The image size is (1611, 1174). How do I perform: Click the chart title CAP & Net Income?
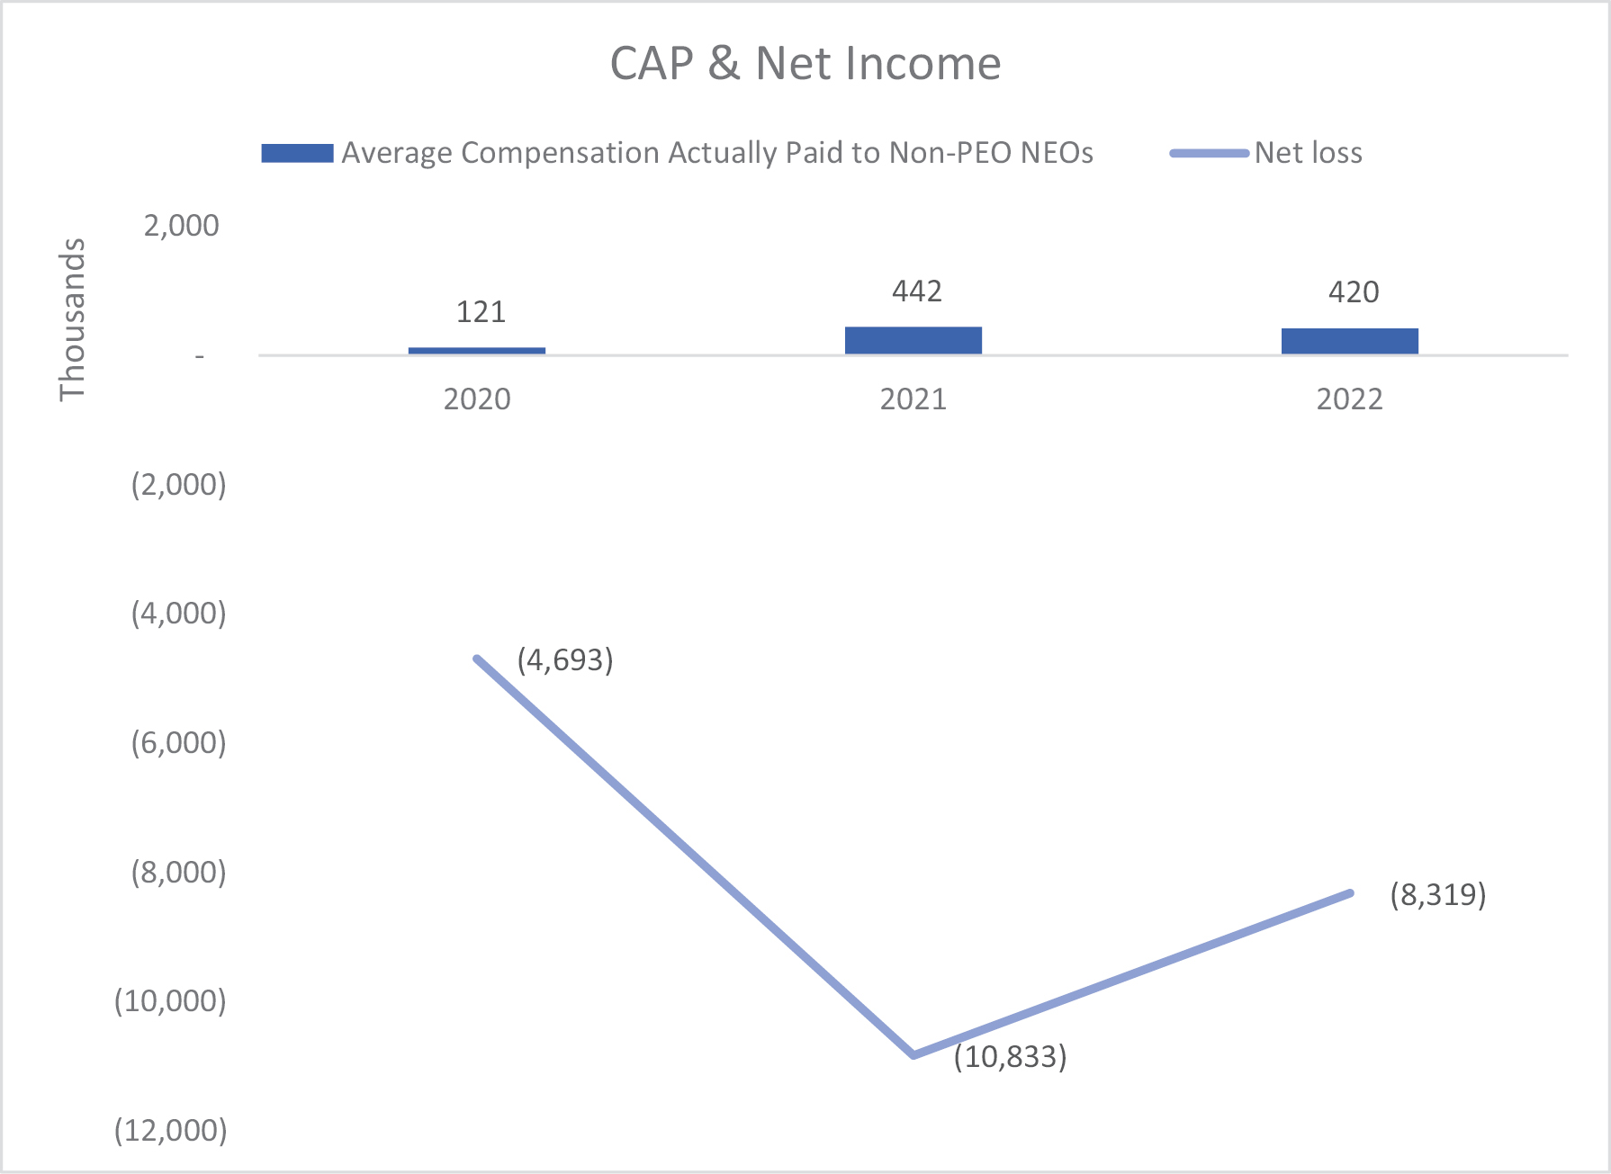[x=805, y=64]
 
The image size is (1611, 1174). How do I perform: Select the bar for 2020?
[x=477, y=350]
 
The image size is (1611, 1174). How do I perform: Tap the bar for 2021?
[x=913, y=340]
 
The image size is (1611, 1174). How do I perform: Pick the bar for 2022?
[x=1350, y=341]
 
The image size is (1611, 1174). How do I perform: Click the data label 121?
[x=481, y=312]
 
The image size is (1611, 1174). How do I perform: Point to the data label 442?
[x=917, y=291]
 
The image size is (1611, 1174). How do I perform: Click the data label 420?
[x=1354, y=292]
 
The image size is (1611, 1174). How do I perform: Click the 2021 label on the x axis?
[x=913, y=399]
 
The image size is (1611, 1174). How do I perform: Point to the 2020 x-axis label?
[x=477, y=399]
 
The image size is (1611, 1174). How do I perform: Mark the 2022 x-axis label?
[x=1350, y=399]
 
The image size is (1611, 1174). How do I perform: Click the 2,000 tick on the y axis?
[x=181, y=226]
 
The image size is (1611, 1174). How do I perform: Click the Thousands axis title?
[x=72, y=319]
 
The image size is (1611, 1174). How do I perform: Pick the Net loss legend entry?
[x=1308, y=153]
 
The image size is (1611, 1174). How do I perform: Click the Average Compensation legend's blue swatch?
[x=297, y=153]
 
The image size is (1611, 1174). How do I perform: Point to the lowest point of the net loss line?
[x=914, y=1054]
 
